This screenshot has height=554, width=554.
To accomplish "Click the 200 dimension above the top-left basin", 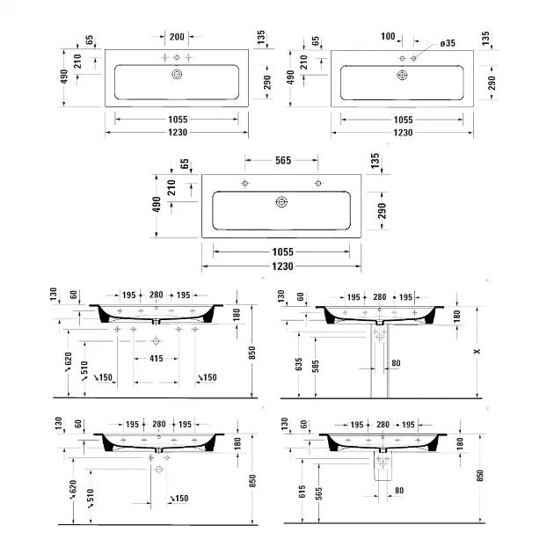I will tap(177, 37).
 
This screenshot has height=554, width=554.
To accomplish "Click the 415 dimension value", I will tap(155, 359).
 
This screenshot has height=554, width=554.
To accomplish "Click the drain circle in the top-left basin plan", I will tap(177, 76).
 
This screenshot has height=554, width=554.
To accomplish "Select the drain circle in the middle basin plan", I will tap(281, 202).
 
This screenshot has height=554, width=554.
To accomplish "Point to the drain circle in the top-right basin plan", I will tap(403, 76).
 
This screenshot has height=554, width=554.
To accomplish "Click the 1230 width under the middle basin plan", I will tap(281, 266).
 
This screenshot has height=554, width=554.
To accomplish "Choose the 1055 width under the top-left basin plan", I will tap(177, 119).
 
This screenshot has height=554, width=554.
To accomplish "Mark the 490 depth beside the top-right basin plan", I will tap(292, 78).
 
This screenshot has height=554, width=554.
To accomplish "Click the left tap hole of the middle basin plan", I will tap(245, 183).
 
